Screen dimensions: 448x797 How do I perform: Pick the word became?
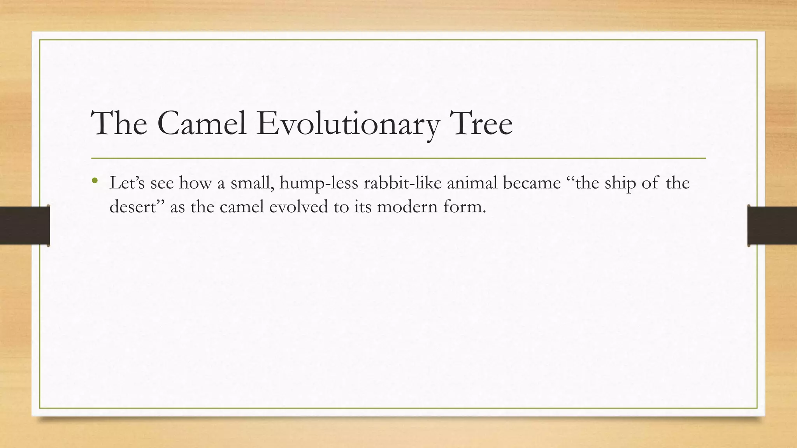point(532,183)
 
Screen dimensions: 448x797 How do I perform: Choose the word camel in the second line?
point(242,206)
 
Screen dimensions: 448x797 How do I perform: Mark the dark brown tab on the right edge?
point(772,226)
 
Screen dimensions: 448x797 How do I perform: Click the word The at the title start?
point(119,124)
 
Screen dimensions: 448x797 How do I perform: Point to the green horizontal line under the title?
point(398,158)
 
